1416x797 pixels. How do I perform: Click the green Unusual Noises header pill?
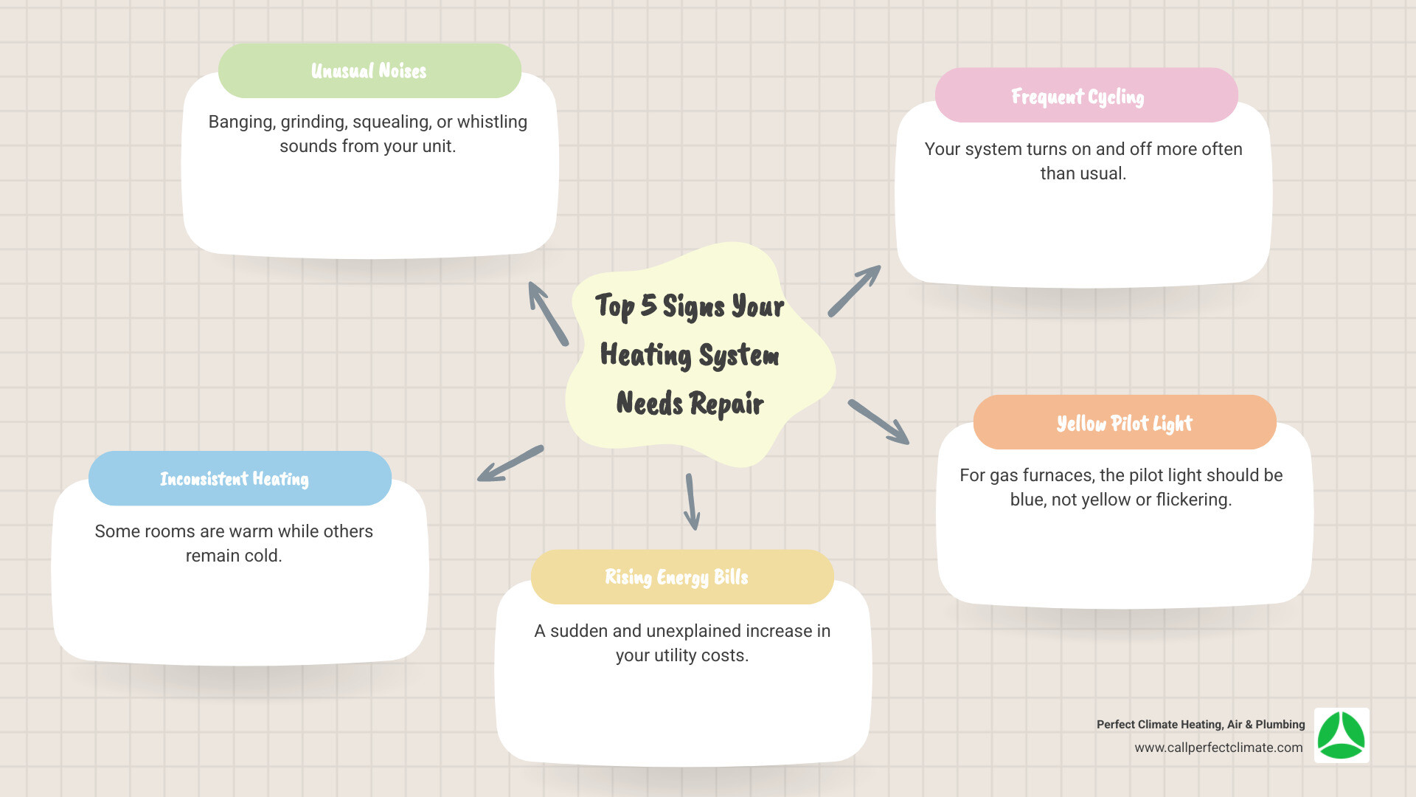tap(369, 71)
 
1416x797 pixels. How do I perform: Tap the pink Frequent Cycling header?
tap(1086, 96)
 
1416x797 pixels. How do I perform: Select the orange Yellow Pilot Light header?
tap(1124, 423)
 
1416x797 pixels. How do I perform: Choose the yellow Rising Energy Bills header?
tap(681, 577)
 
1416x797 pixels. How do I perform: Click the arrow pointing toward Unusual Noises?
tap(548, 314)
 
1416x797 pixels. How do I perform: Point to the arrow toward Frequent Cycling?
tap(854, 291)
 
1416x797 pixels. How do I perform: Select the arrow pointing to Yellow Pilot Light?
tap(878, 422)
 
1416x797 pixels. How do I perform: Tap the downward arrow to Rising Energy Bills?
tap(691, 502)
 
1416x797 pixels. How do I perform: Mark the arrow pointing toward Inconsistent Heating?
tap(510, 463)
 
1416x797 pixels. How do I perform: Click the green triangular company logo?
tap(1342, 736)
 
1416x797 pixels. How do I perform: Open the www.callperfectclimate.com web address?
tap(1218, 748)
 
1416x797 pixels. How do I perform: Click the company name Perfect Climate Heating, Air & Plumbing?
tap(1200, 725)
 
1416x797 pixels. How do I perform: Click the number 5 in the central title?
tap(648, 305)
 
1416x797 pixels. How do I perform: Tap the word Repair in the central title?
tap(726, 404)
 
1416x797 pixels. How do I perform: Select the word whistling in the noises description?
tap(492, 122)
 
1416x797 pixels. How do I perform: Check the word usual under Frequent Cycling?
tap(1101, 173)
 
